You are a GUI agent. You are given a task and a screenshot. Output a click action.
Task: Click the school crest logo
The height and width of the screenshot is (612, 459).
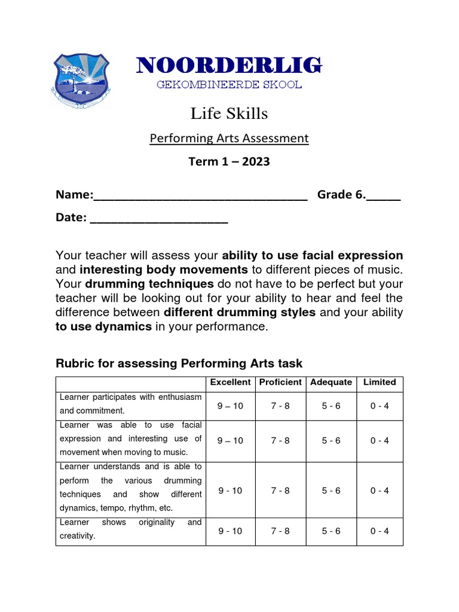pyautogui.click(x=80, y=81)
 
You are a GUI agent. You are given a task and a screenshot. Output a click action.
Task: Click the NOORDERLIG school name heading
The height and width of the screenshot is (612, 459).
pyautogui.click(x=229, y=65)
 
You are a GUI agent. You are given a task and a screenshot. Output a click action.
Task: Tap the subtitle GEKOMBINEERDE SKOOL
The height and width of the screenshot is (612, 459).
pyautogui.click(x=229, y=84)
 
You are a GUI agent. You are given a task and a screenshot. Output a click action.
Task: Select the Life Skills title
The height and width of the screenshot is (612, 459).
pyautogui.click(x=229, y=114)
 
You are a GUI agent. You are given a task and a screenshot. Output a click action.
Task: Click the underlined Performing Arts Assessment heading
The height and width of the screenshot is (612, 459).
pyautogui.click(x=229, y=139)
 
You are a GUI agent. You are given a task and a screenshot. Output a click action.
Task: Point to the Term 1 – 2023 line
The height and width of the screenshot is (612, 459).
pyautogui.click(x=229, y=161)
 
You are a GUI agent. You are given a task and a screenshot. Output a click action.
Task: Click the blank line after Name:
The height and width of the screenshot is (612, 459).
pyautogui.click(x=200, y=195)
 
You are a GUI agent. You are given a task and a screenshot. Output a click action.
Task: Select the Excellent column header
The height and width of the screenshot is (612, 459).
pyautogui.click(x=230, y=382)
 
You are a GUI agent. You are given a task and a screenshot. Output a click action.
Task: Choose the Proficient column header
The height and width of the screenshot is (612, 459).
pyautogui.click(x=280, y=382)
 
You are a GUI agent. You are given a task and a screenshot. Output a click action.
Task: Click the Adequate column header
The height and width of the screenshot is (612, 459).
pyautogui.click(x=331, y=382)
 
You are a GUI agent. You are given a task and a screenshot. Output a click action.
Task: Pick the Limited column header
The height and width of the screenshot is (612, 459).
pyautogui.click(x=380, y=382)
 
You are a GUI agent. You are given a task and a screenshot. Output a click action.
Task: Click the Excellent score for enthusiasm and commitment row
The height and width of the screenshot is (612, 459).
pyautogui.click(x=230, y=406)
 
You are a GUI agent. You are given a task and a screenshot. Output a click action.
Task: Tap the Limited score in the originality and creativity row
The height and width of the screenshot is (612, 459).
pyautogui.click(x=380, y=531)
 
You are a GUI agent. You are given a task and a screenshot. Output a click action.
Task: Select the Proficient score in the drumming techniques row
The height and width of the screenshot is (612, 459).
pyautogui.click(x=280, y=491)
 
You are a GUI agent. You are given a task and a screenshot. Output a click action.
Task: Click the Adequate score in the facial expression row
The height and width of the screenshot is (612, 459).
pyautogui.click(x=331, y=440)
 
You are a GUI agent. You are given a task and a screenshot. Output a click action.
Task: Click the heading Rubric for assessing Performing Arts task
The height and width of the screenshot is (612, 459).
pyautogui.click(x=179, y=363)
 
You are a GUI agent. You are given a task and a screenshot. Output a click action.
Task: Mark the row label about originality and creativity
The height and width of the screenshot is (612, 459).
pyautogui.click(x=130, y=530)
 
